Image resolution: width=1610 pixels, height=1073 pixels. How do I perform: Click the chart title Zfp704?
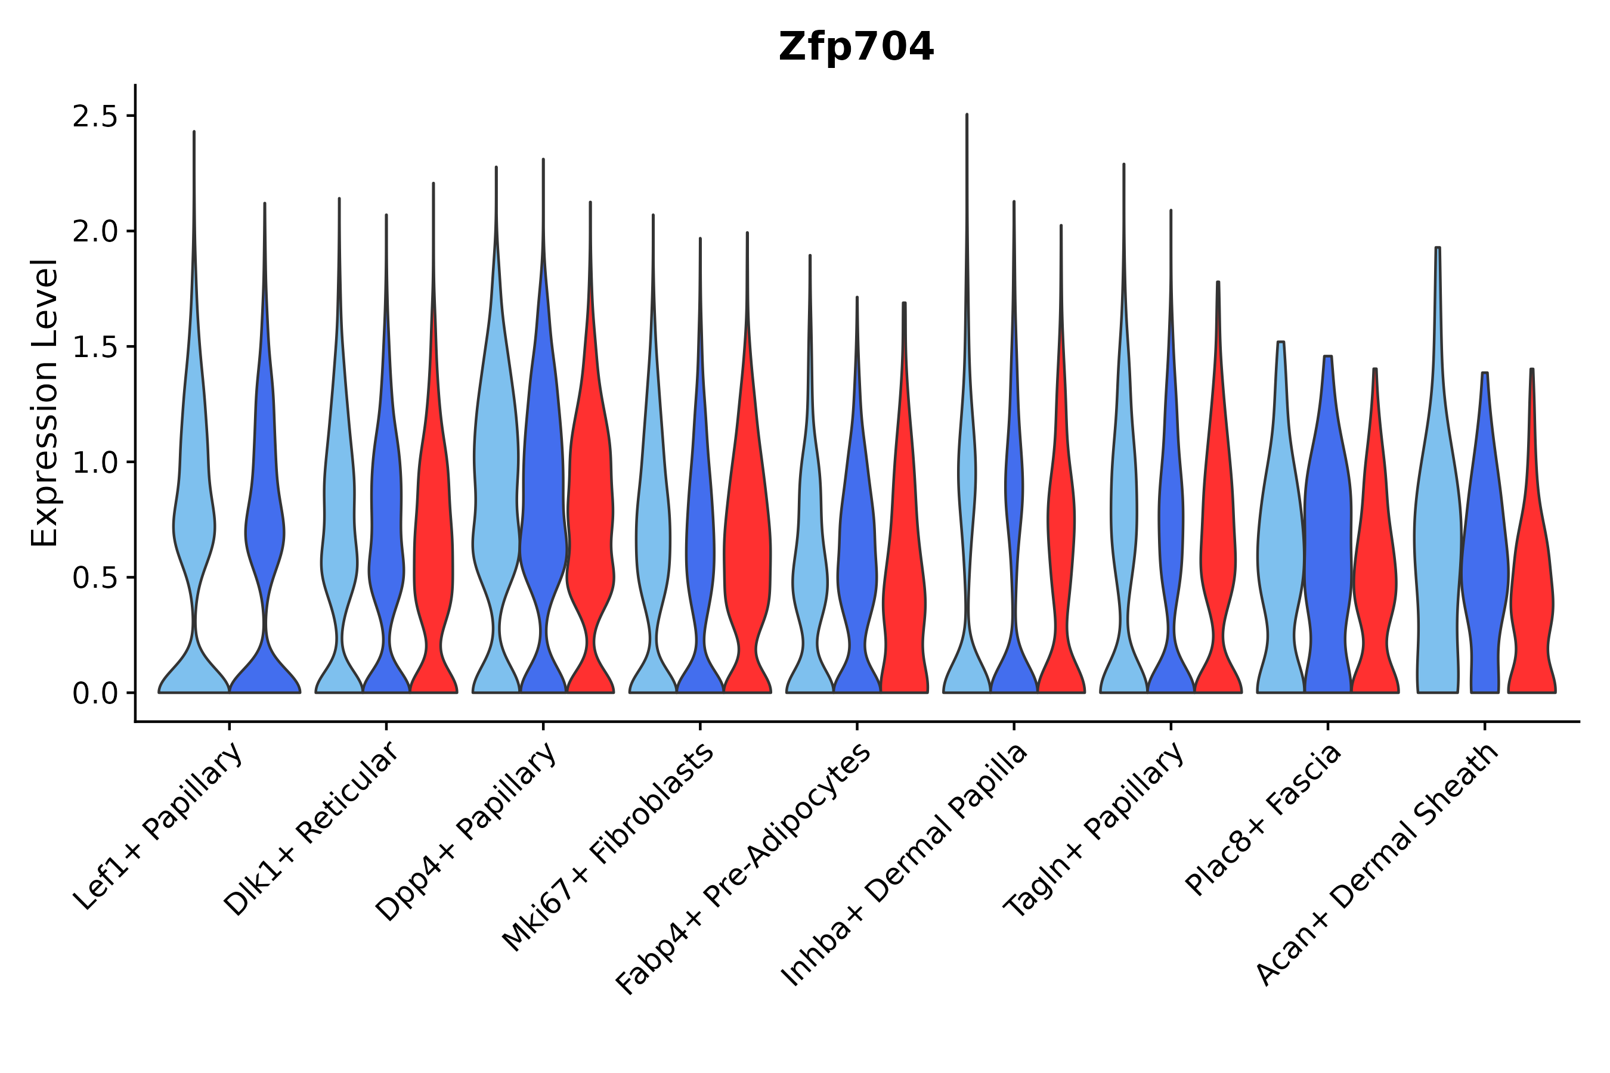[x=856, y=47]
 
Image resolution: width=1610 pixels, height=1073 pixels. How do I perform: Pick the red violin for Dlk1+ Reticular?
[x=433, y=547]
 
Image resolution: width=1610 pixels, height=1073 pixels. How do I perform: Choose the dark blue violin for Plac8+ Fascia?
[x=1328, y=547]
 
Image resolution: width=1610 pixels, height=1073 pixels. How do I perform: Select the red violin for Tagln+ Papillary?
[x=1218, y=547]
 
